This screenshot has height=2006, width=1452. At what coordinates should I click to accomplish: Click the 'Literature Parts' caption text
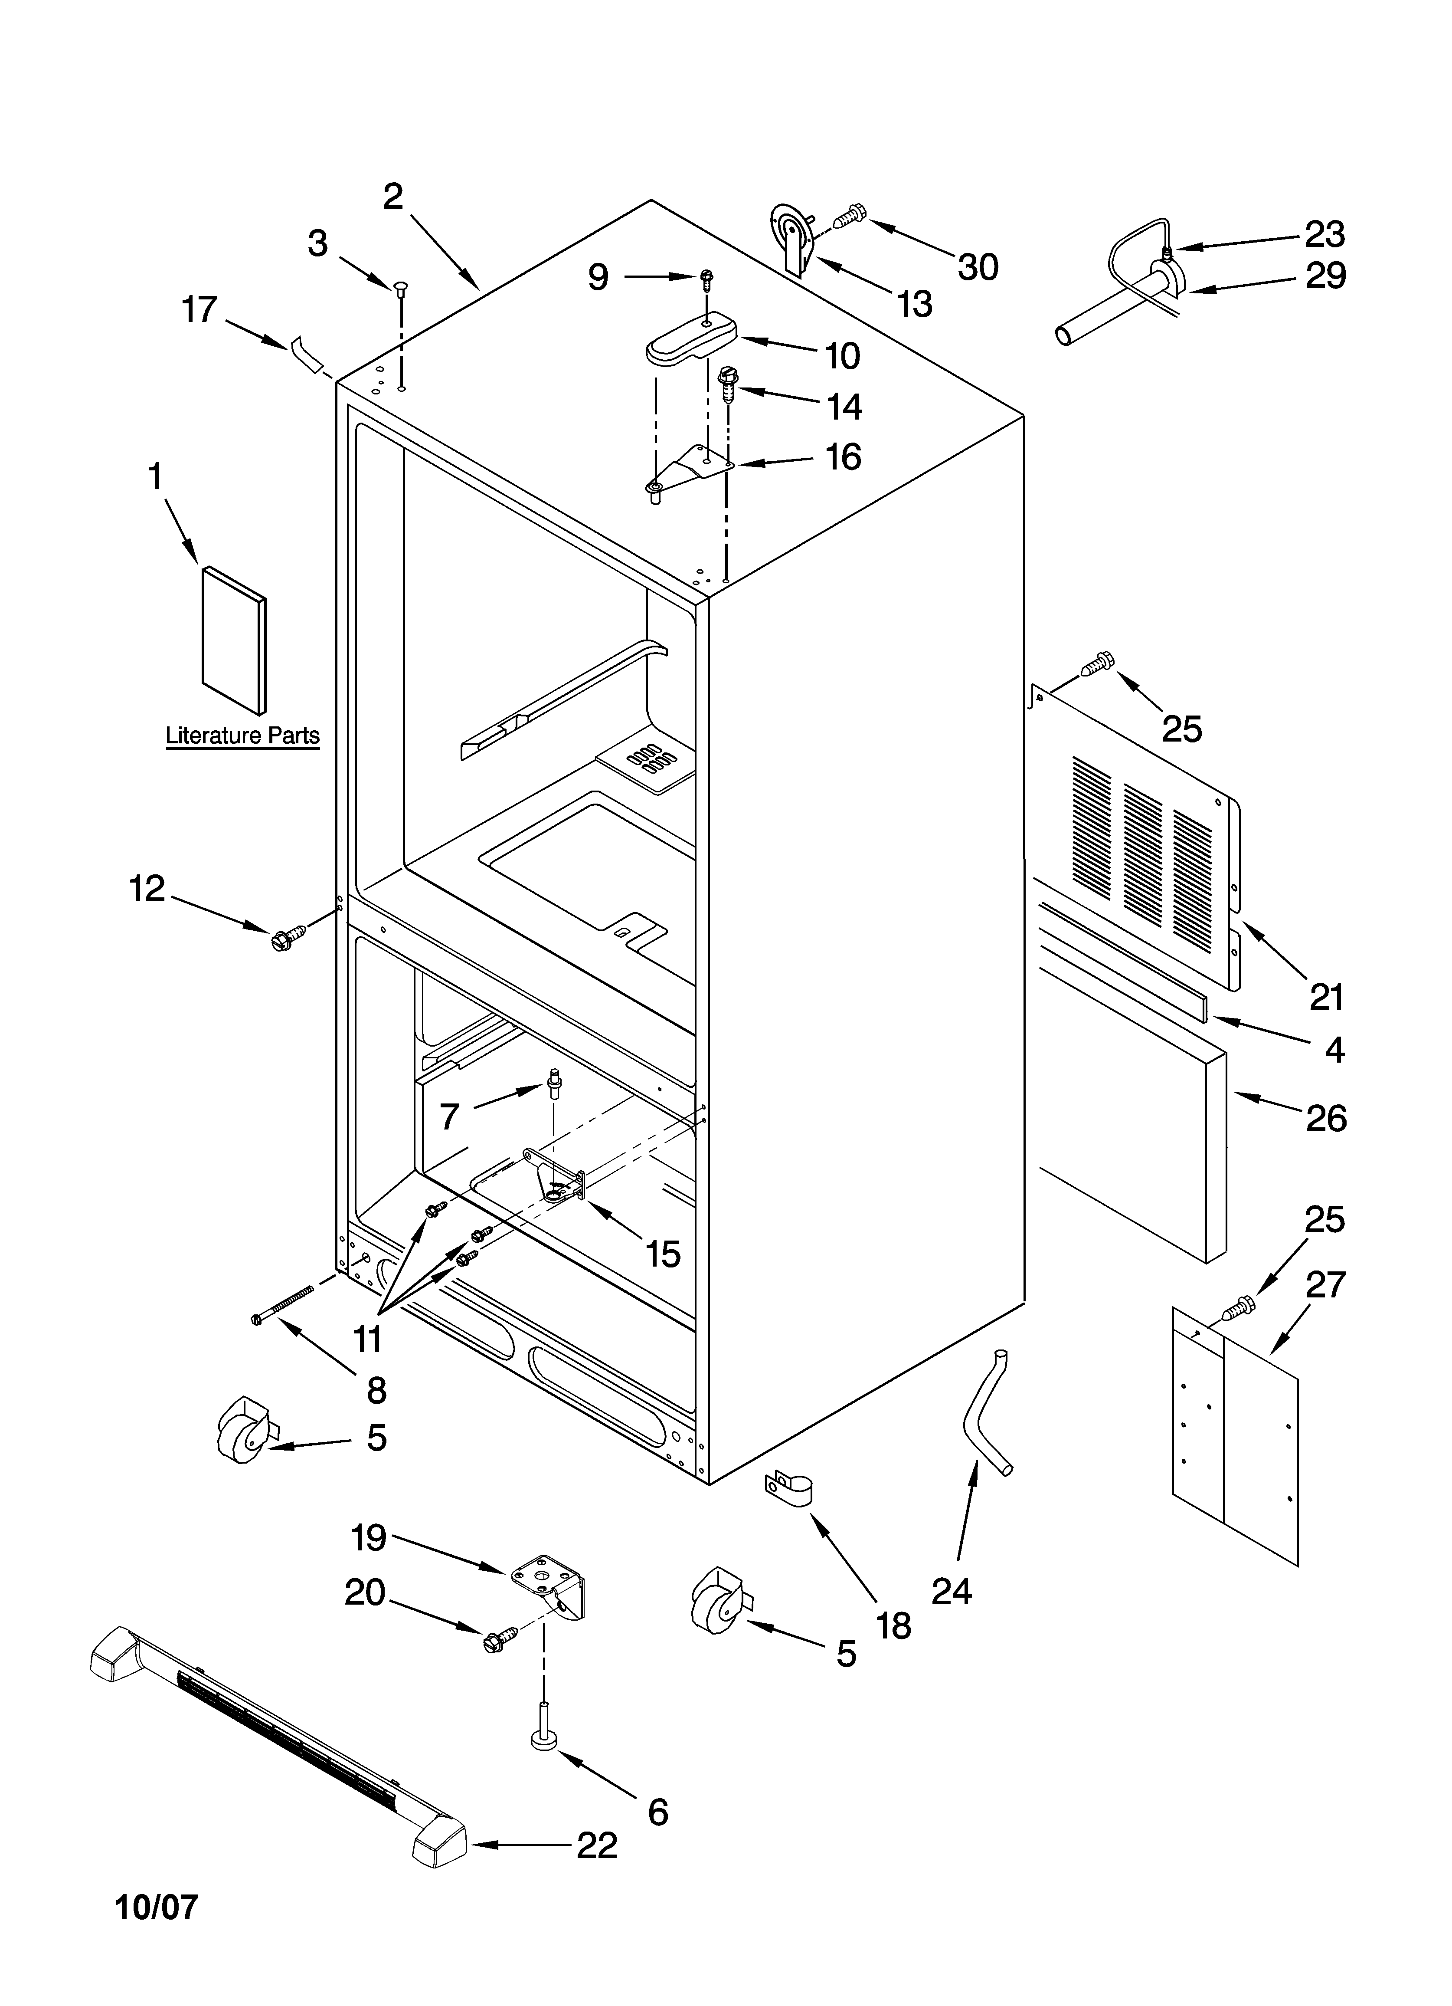click(242, 736)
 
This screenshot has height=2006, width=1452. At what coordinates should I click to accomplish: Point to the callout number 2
click(392, 197)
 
